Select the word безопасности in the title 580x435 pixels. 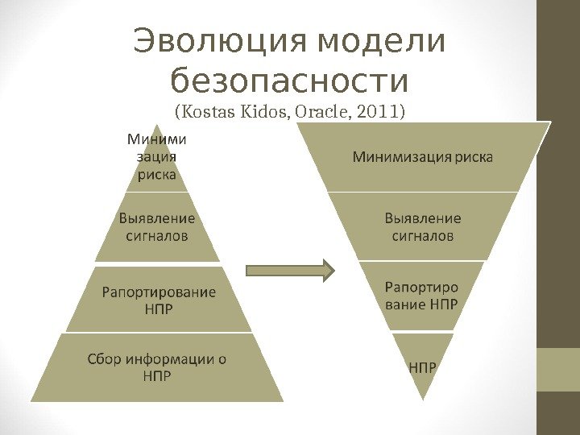290,81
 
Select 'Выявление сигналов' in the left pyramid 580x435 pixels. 157,227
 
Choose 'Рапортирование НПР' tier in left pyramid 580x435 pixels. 158,300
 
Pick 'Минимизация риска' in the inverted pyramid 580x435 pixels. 423,156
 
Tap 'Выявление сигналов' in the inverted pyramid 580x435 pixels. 423,227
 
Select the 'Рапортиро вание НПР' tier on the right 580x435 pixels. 421,296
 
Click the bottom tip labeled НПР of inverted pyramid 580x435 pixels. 423,368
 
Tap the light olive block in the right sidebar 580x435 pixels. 557,370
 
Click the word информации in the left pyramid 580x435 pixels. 168,359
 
